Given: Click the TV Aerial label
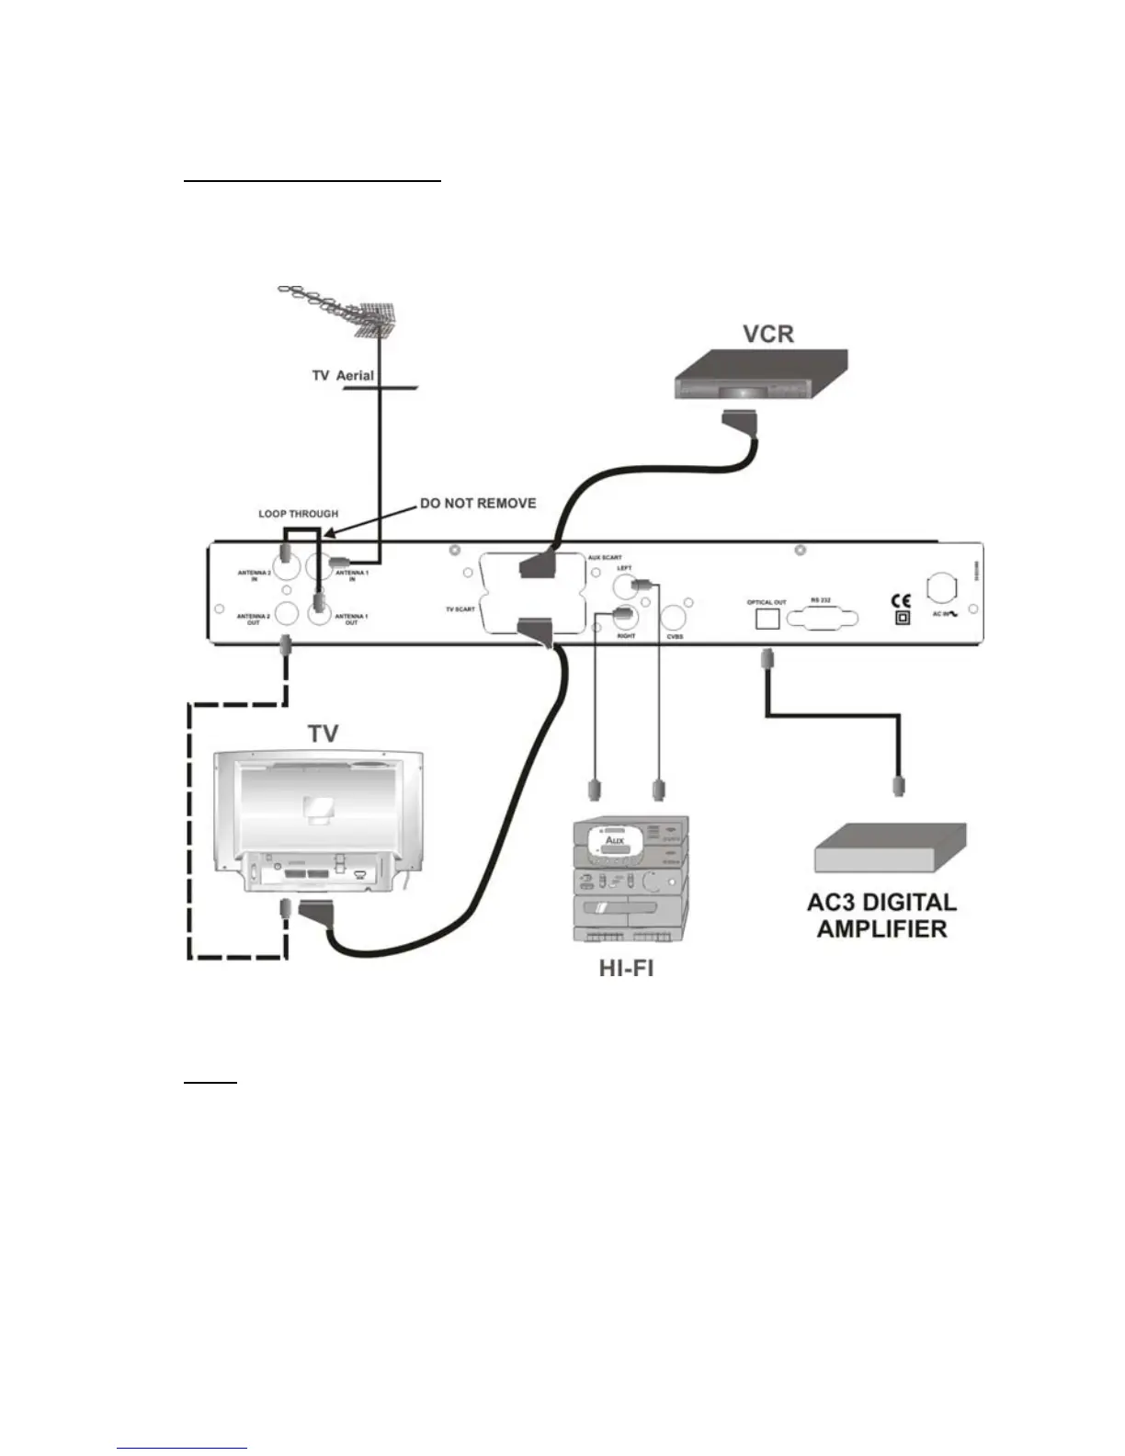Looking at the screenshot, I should (x=343, y=376).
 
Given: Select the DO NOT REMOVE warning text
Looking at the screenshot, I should (x=477, y=504).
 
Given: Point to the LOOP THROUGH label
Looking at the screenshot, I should (x=298, y=514).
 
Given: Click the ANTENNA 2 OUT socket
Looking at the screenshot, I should (x=287, y=613).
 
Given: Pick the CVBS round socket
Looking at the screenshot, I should (x=676, y=616).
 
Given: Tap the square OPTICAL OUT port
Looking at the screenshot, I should (x=767, y=619).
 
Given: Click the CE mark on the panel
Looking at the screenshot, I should (x=902, y=602).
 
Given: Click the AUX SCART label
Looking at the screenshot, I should (x=605, y=558).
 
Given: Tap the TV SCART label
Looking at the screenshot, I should (x=460, y=609).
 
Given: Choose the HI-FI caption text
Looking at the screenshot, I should (x=626, y=969).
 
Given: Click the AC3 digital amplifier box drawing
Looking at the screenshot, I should (x=890, y=847).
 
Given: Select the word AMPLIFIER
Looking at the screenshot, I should (x=881, y=928).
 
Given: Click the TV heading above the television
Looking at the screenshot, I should (x=323, y=734).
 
